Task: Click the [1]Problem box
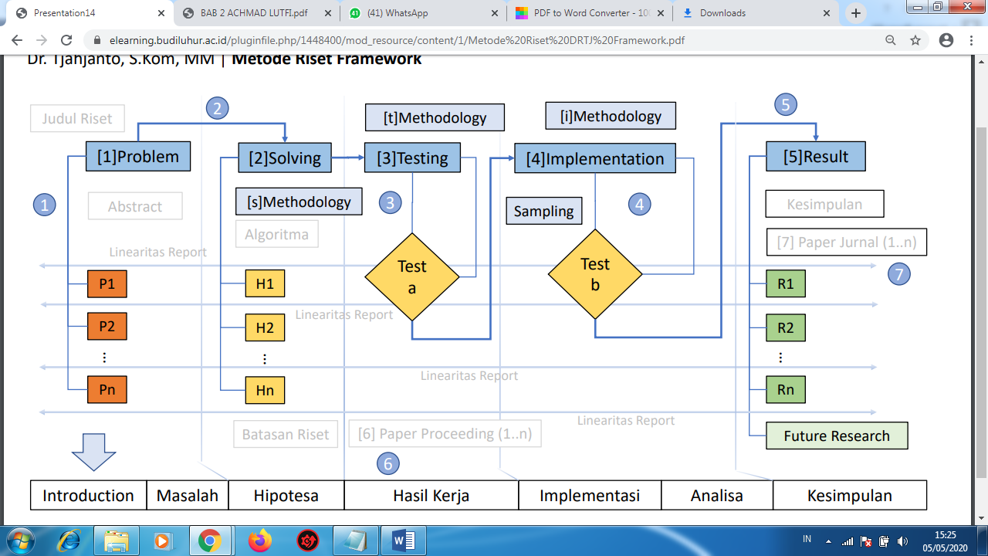point(138,157)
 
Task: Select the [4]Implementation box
point(594,159)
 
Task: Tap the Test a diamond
point(412,276)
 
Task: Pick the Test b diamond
point(595,274)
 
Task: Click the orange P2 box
point(107,327)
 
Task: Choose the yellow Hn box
point(265,390)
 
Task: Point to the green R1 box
point(786,283)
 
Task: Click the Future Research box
point(837,436)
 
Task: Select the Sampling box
point(544,211)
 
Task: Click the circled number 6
point(388,463)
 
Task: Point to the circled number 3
point(391,203)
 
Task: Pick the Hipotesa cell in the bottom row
point(286,496)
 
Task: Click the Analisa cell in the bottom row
point(717,496)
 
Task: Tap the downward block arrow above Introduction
point(93,451)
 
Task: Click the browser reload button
point(66,40)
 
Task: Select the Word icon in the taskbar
point(404,541)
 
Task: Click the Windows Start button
point(22,541)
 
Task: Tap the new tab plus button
point(855,13)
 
